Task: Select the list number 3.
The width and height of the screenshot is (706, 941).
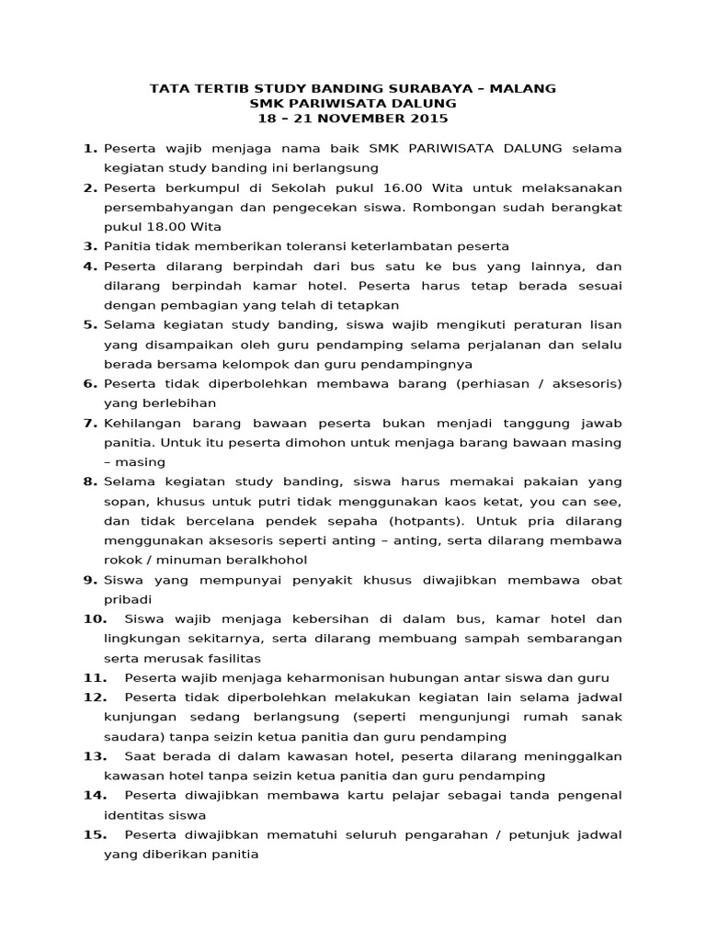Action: pos(90,246)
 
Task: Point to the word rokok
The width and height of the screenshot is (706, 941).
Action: pos(123,560)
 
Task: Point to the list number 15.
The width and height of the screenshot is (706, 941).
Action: pos(96,834)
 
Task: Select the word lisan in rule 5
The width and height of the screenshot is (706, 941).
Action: pos(604,324)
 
